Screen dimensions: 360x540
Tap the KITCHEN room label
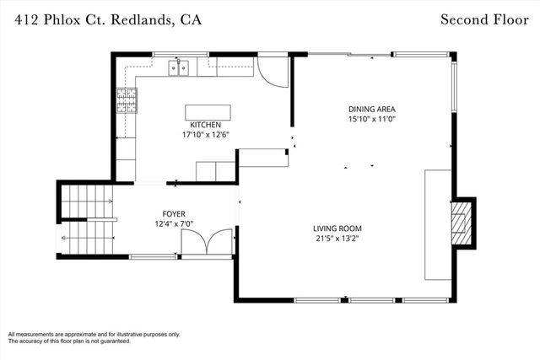click(206, 125)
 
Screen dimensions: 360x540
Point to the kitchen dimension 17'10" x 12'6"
click(206, 134)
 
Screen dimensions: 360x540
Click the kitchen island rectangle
click(208, 112)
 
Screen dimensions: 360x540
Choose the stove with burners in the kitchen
click(126, 100)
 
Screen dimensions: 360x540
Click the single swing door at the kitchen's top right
click(272, 72)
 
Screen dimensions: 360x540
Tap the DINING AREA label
click(372, 109)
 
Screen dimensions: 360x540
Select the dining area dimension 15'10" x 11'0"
click(372, 119)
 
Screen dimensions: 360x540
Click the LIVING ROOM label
click(337, 228)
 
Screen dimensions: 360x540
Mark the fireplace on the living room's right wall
click(461, 222)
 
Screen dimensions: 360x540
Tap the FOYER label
click(174, 214)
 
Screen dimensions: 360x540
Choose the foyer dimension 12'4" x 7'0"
click(174, 223)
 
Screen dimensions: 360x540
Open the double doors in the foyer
click(207, 244)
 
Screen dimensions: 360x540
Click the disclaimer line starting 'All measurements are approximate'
click(94, 335)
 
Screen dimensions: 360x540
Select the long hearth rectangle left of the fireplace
click(437, 223)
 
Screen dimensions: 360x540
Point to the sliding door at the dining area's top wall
click(349, 55)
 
